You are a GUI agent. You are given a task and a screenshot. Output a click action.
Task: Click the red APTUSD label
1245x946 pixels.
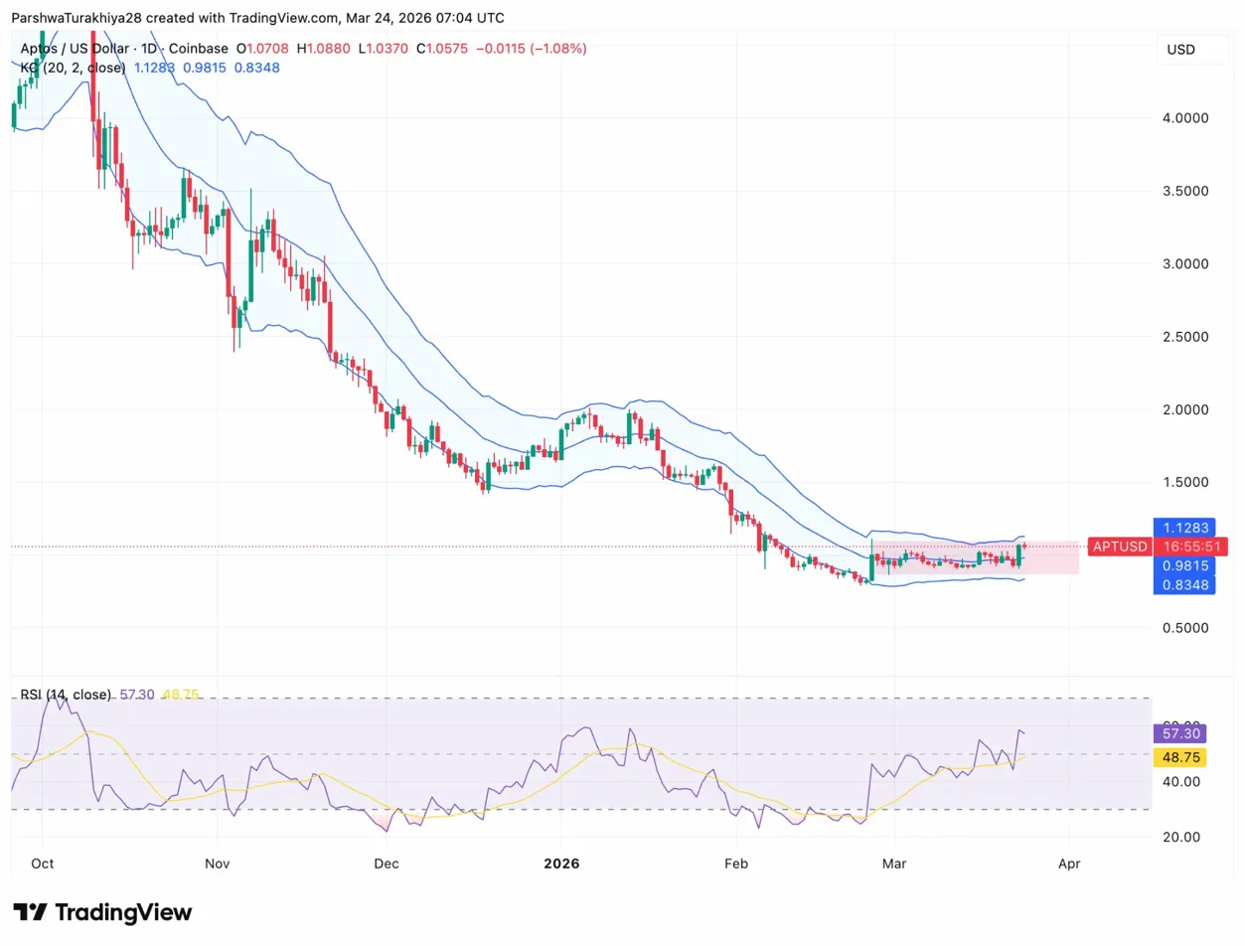pos(1119,547)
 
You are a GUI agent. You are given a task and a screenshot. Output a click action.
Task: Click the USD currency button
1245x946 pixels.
pos(1181,50)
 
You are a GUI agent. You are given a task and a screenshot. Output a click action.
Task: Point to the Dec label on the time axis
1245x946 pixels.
pos(387,864)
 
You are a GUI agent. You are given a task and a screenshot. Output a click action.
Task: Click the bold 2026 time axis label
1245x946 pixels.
pos(561,864)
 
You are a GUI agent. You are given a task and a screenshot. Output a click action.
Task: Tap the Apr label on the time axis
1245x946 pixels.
pos(1069,864)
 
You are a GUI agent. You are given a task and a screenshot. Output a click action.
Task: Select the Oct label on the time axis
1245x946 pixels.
pos(42,864)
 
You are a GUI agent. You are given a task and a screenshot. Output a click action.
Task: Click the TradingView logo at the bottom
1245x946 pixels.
pos(102,912)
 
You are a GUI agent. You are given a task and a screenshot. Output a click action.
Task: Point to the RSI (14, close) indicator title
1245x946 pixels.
pos(66,695)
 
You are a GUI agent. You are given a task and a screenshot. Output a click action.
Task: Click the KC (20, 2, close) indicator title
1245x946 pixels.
pos(74,68)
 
